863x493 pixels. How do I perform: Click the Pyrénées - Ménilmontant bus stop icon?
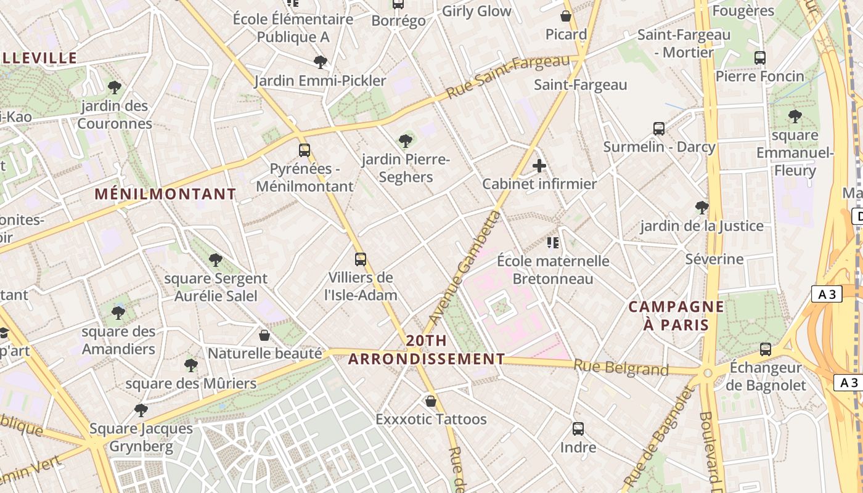click(304, 150)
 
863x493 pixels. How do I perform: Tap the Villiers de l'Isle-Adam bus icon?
click(361, 259)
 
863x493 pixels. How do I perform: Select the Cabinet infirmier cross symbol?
click(539, 166)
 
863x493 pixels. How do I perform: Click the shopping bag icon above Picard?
click(566, 16)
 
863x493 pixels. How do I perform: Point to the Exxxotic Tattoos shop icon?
click(431, 401)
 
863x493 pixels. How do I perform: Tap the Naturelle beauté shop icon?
click(264, 335)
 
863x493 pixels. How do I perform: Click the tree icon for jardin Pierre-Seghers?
click(405, 141)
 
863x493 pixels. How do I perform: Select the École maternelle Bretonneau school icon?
click(552, 243)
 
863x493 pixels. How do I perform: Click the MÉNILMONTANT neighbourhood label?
click(165, 194)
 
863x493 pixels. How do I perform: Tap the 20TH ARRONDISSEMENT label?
click(427, 350)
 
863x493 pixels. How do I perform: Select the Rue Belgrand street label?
click(621, 367)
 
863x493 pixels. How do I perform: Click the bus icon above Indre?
click(578, 429)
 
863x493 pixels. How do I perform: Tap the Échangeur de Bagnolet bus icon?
click(766, 349)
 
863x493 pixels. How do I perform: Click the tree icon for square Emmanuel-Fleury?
click(795, 116)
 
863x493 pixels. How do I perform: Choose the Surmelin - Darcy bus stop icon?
click(659, 129)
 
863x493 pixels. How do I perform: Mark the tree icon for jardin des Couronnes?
click(114, 87)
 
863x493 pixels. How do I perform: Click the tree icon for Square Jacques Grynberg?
click(141, 410)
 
